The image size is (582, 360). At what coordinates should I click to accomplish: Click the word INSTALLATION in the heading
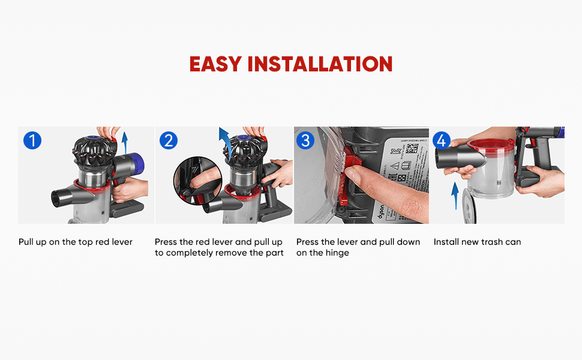pos(320,64)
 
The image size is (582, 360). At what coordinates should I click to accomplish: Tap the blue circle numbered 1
pos(32,141)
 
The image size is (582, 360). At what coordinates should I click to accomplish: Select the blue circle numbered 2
pos(169,141)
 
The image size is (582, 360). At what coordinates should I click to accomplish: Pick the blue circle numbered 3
pos(305,141)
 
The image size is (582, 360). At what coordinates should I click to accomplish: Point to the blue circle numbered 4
pos(442,141)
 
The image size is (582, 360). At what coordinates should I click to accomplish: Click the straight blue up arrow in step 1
pos(125,145)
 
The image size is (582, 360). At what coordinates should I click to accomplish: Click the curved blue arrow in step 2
pos(224,140)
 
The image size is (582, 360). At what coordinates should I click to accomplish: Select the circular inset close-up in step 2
pos(197,181)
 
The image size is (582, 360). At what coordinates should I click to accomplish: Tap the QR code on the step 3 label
pos(413,148)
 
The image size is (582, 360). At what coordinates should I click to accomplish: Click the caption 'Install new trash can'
pos(477,242)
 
